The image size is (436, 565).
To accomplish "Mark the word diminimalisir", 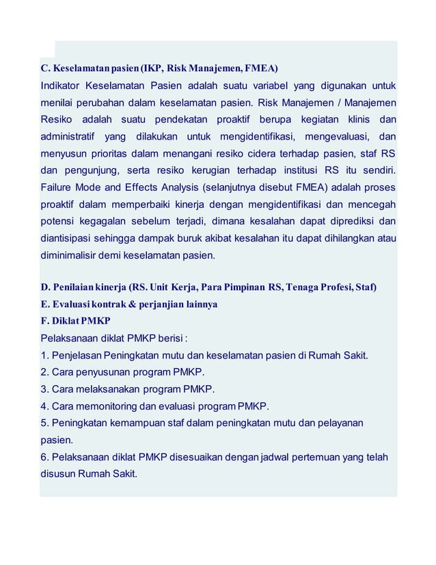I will coord(73,256).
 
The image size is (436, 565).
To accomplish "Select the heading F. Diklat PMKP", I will coord(76,321).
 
